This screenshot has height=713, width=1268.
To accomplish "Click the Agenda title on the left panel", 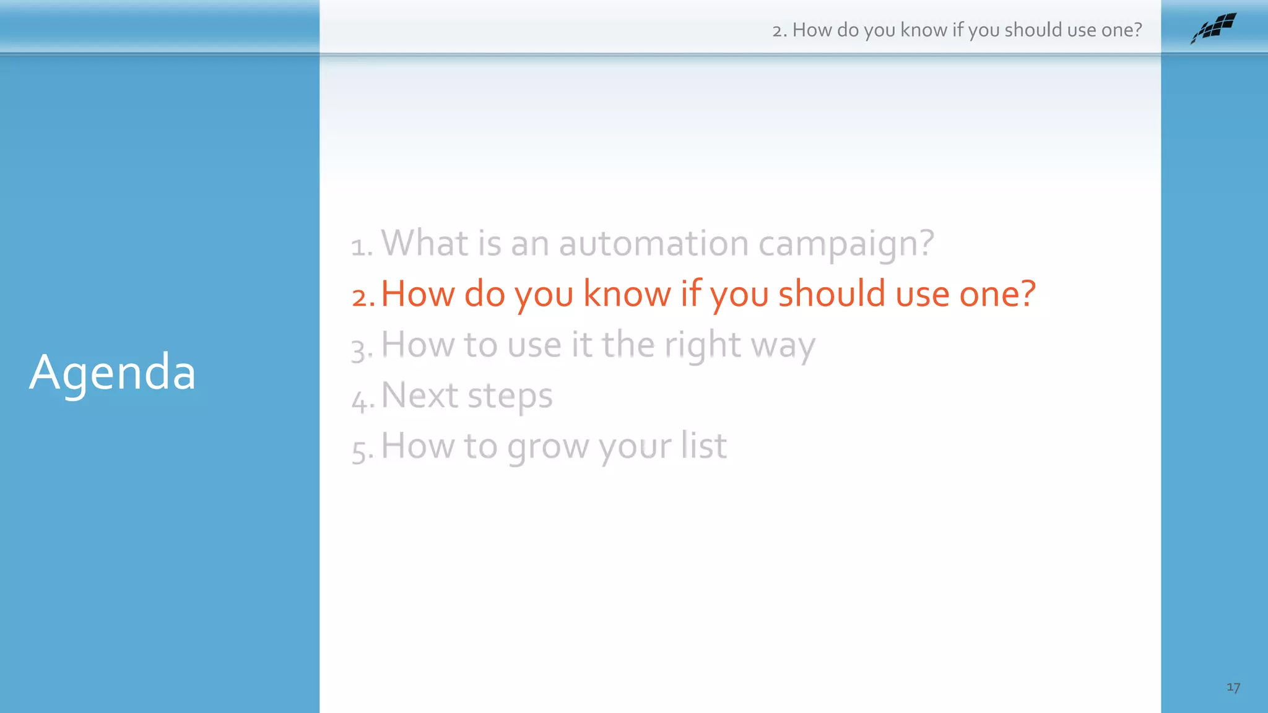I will tap(113, 373).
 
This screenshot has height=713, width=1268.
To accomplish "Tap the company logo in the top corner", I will tap(1213, 28).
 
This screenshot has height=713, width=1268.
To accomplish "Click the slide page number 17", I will tap(1233, 687).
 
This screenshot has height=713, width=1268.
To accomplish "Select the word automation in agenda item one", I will tap(654, 243).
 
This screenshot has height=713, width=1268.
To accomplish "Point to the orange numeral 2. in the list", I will tap(363, 296).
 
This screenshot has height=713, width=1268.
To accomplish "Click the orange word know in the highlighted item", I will tap(627, 293).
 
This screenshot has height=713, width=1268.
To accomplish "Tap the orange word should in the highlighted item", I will tap(832, 293).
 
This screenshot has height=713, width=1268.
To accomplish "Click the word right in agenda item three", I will tap(702, 345).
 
